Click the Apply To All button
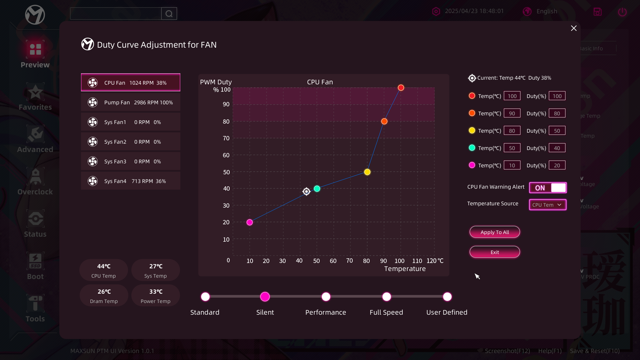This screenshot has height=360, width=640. pos(495,232)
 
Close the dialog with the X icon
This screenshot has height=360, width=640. pos(574,28)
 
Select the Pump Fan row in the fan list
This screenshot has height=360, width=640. pos(131,102)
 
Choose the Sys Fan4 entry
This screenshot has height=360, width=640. pos(131,181)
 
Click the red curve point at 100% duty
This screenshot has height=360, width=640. pos(401,88)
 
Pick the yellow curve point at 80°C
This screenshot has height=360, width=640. pos(367,172)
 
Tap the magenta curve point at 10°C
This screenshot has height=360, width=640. pos(250,222)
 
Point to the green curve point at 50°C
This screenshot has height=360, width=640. pos(317,189)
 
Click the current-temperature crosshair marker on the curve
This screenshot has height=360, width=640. pos(306,191)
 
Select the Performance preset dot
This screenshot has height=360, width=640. pos(326,297)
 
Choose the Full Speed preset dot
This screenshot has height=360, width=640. pos(387,297)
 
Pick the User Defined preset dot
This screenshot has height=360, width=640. pos(447,297)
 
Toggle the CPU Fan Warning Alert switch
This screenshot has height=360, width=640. pos(548,188)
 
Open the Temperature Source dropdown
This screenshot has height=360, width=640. pos(548,205)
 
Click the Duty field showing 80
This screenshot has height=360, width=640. pos(557,113)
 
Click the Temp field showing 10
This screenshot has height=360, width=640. pos(512,165)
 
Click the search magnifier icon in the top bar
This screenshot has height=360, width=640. pos(169,14)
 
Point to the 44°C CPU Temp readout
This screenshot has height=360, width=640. pos(104,270)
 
